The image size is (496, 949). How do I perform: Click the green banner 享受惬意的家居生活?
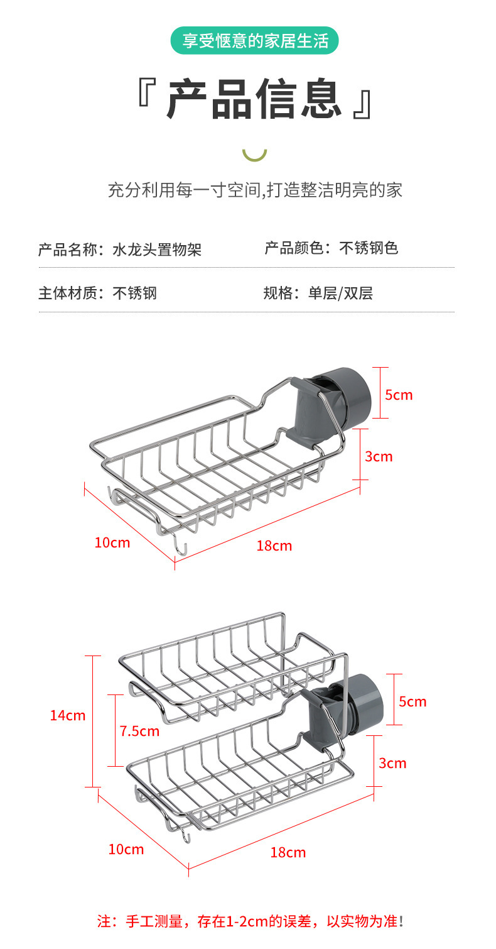pyautogui.click(x=254, y=41)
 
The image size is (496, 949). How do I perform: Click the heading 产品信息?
pyautogui.click(x=254, y=99)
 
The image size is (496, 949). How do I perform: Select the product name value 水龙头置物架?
pyautogui.click(x=157, y=250)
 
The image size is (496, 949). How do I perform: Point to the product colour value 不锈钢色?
pyautogui.click(x=369, y=248)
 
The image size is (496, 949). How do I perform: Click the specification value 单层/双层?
pyautogui.click(x=340, y=293)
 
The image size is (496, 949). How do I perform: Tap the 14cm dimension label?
pyautogui.click(x=68, y=715)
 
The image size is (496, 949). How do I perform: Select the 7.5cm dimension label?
pyautogui.click(x=139, y=731)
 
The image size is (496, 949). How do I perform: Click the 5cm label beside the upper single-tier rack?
pyautogui.click(x=399, y=395)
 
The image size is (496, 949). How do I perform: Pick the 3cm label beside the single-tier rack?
pyautogui.click(x=379, y=456)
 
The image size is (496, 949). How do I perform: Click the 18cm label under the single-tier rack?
pyautogui.click(x=274, y=546)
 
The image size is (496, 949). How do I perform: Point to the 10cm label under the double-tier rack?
pyautogui.click(x=126, y=849)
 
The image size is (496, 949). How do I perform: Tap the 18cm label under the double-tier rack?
pyautogui.click(x=288, y=852)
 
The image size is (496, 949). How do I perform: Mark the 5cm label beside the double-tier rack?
pyautogui.click(x=412, y=701)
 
